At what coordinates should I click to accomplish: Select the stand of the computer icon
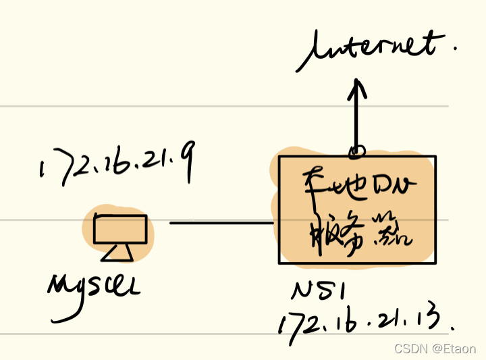[117, 253]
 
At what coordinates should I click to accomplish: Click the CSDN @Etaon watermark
[435, 349]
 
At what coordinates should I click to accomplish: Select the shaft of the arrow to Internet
[358, 118]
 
